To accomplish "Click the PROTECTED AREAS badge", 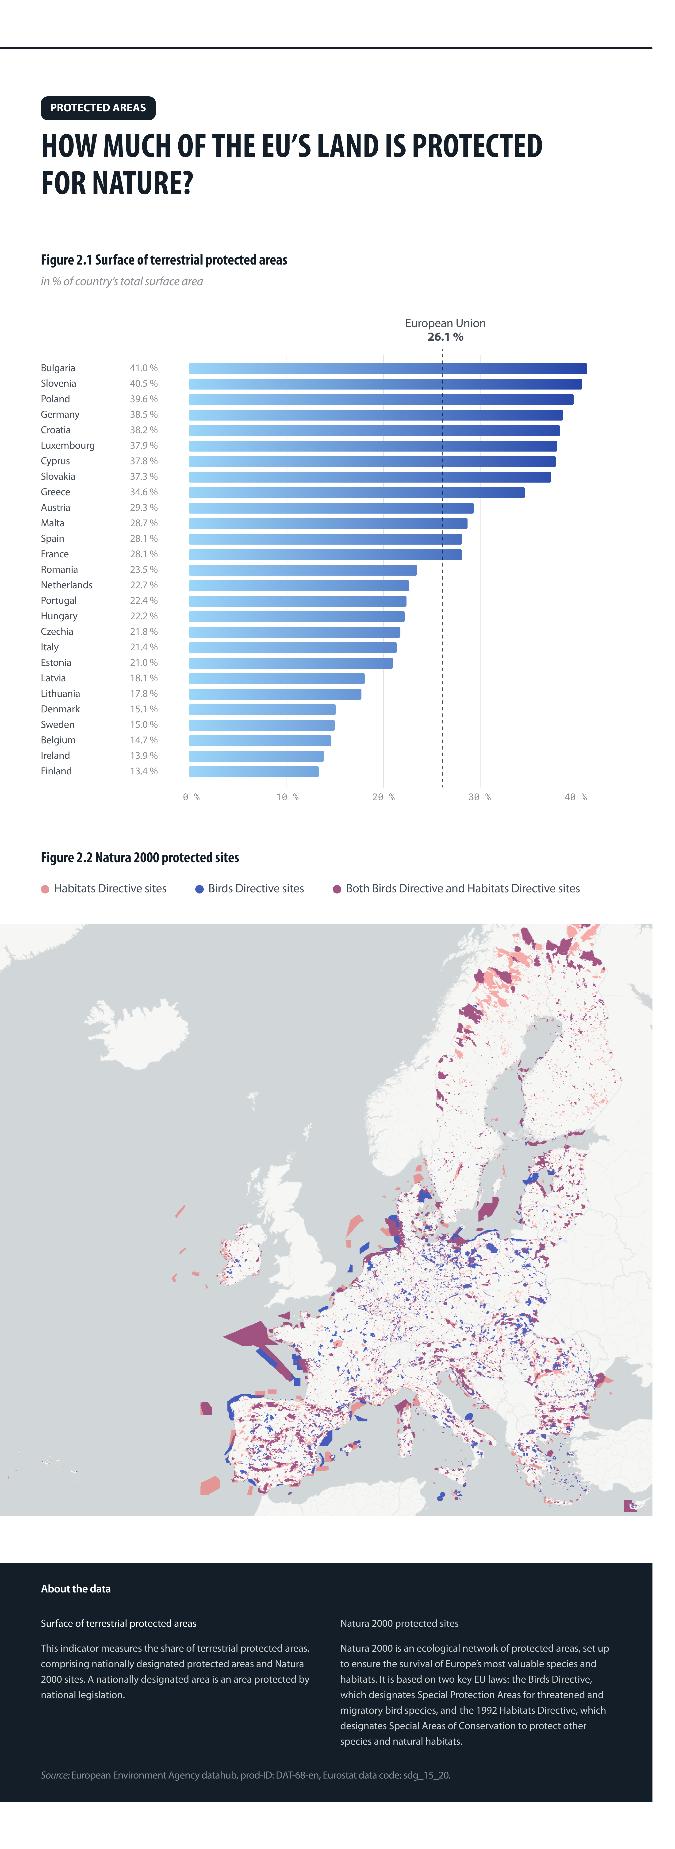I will pos(98,108).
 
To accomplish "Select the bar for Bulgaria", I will pos(387,368).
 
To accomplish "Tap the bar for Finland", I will pos(253,772).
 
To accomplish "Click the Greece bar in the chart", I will pos(357,492).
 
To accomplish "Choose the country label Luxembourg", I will pos(67,446).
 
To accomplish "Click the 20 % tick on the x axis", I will pos(383,797).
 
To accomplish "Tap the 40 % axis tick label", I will pos(575,797).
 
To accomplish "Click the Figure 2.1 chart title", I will pos(164,260).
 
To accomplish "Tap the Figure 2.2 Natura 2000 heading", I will pos(140,858).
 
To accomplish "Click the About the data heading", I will pos(75,1588).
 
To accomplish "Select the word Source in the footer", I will pos(54,1775).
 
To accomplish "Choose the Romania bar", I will pos(302,570).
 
